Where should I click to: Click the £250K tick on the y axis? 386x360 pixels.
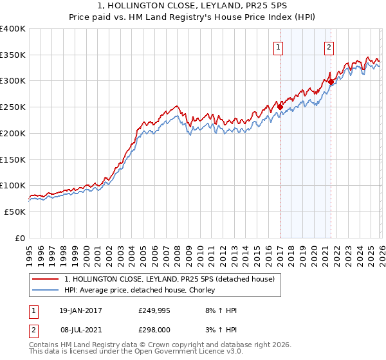pyautogui.click(x=13, y=107)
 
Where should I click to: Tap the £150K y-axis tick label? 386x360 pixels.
pyautogui.click(x=13, y=159)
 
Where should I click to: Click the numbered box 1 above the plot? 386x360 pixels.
pyautogui.click(x=279, y=47)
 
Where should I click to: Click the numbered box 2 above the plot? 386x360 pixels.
pyautogui.click(x=329, y=47)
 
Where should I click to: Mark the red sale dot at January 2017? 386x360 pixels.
pyautogui.click(x=280, y=107)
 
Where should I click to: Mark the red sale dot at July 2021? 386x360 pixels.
pyautogui.click(x=331, y=82)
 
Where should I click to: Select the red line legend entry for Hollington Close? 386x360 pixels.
pyautogui.click(x=169, y=279)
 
